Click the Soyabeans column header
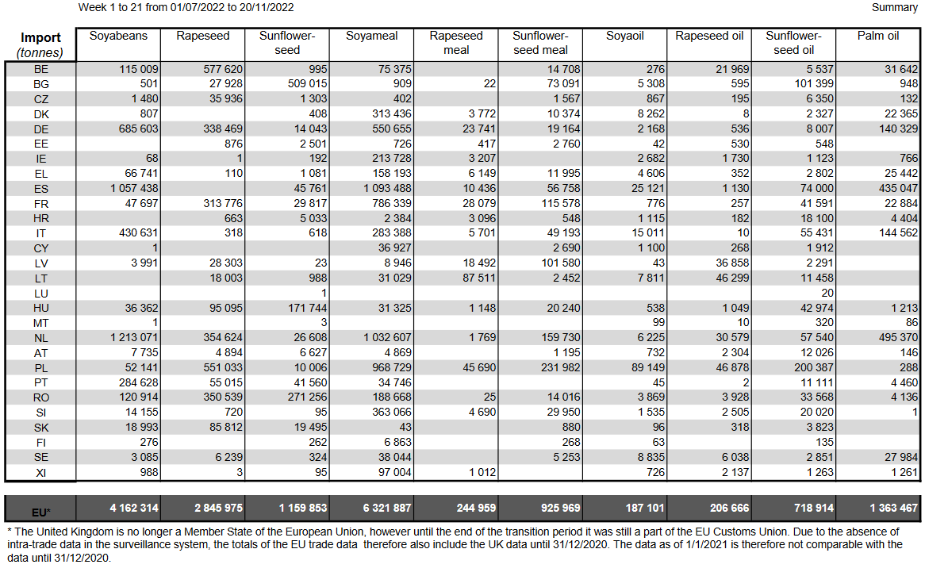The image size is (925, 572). pos(118,36)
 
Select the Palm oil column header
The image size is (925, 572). pos(878,36)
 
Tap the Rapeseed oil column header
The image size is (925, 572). pos(709,36)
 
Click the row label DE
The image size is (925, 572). pos(40,129)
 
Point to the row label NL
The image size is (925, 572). pos(40,338)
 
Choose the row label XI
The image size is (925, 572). pos(40,472)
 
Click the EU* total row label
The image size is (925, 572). pos(40,512)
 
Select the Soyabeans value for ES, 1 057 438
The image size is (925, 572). pos(134,188)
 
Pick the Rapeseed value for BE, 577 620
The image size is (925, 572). pos(223,69)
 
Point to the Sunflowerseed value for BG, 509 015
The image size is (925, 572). pos(307,84)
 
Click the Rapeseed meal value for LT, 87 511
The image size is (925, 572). pos(479,278)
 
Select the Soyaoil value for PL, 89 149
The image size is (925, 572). pos(647,367)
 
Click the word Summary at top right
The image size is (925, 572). pos(894,8)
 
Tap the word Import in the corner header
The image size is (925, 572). pos(40,38)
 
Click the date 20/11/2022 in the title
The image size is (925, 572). pos(266,8)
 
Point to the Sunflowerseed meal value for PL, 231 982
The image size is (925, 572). pos(561,367)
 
